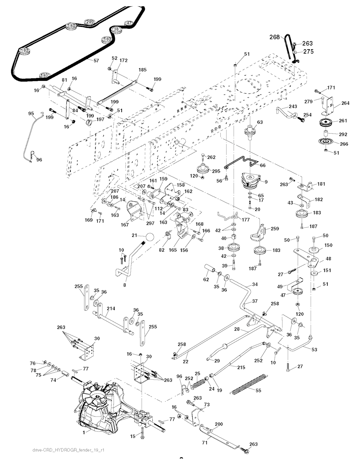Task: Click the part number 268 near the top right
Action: click(x=275, y=37)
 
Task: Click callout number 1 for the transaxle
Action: click(x=84, y=432)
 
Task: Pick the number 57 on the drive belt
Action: click(x=96, y=61)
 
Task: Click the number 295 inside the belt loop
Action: click(x=90, y=22)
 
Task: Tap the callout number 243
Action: click(x=293, y=106)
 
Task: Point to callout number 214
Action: click(x=111, y=309)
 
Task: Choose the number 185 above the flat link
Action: click(x=142, y=70)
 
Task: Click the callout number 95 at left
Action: click(x=31, y=114)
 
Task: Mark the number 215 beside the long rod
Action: click(x=241, y=367)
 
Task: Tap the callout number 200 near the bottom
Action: click(x=219, y=424)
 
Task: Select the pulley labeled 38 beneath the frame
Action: click(x=232, y=248)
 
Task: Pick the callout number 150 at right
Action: click(x=328, y=245)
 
